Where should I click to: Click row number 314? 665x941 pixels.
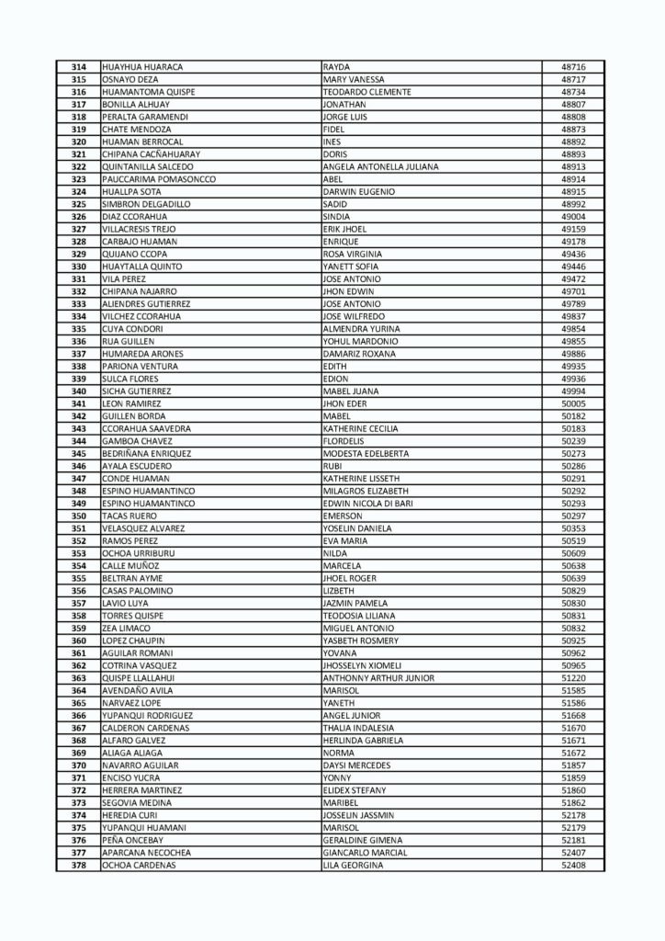click(x=78, y=67)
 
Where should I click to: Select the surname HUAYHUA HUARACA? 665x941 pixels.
click(x=142, y=67)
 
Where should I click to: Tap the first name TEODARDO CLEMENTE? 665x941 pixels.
click(x=366, y=92)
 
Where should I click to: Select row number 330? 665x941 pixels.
click(x=78, y=266)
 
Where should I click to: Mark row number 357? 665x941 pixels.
click(x=78, y=603)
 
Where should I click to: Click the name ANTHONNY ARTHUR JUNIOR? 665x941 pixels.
click(x=378, y=677)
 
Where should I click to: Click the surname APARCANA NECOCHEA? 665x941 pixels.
click(x=147, y=852)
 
